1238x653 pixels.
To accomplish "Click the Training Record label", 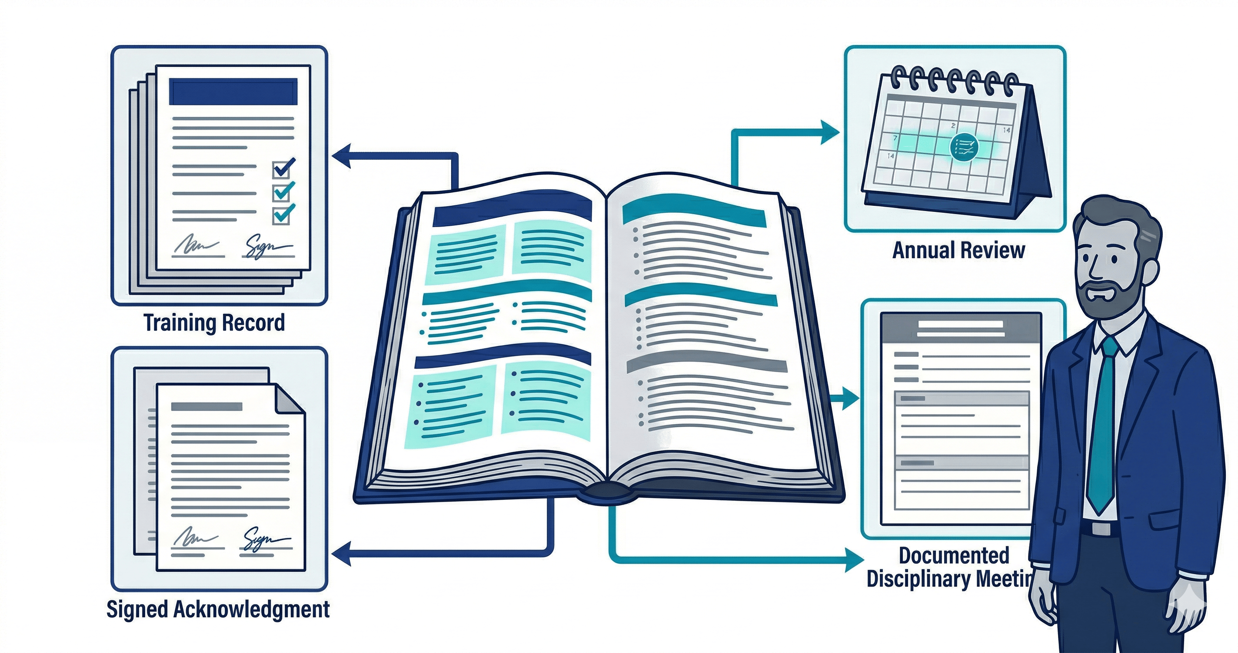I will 214,323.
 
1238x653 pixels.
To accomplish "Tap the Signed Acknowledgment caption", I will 218,609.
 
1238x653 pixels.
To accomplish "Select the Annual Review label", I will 958,251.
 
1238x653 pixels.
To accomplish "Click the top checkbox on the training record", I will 281,169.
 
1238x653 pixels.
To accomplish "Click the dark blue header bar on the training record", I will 233,91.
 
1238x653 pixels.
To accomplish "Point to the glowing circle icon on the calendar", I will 964,146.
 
